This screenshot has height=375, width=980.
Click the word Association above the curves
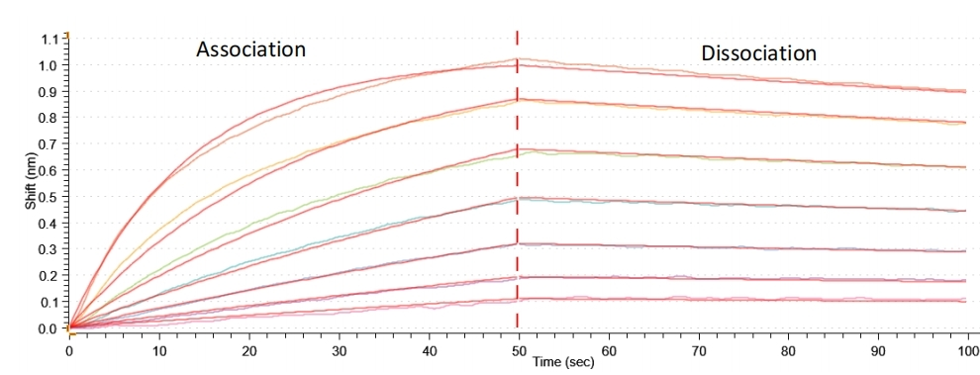[250, 48]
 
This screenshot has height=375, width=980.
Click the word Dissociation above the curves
[759, 52]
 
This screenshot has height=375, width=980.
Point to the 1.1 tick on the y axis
[50, 40]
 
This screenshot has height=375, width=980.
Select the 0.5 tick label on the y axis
[50, 197]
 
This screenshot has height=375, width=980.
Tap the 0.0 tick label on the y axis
[50, 328]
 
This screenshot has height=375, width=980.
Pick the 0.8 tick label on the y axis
[50, 118]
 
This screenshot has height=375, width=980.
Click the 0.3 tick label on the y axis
[50, 249]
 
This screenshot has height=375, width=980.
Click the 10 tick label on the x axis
[158, 349]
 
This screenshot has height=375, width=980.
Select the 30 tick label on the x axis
[339, 349]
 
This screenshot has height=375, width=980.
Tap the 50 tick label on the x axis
[518, 349]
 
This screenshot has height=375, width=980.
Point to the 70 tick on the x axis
[698, 349]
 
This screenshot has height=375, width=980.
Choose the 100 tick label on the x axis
[965, 349]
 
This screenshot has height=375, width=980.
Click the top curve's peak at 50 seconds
[518, 61]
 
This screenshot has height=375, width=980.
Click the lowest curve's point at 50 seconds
[518, 299]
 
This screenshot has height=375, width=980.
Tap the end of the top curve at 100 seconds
[965, 91]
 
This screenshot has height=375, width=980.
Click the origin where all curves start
[69, 328]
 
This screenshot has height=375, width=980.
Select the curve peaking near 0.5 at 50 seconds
[518, 198]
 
